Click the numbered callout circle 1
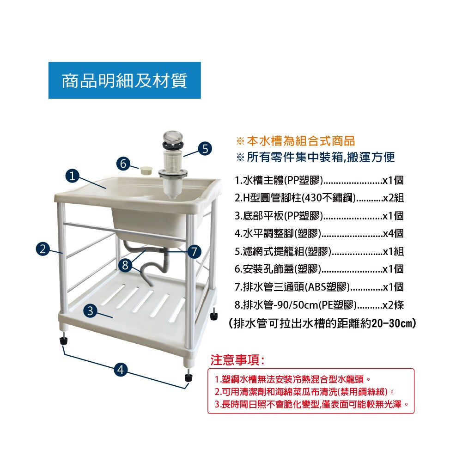[x=72, y=176]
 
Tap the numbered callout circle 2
[x=43, y=249]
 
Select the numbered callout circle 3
[x=90, y=310]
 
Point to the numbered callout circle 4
[x=121, y=370]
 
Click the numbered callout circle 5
[x=205, y=148]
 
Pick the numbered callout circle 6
[x=123, y=163]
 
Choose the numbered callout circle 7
[x=194, y=252]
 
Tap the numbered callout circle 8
[x=125, y=265]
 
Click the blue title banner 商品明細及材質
[x=125, y=80]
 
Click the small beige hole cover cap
[x=146, y=170]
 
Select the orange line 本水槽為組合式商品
[x=296, y=141]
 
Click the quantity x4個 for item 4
[x=393, y=234]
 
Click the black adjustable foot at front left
[x=64, y=341]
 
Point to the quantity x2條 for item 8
[x=393, y=305]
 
